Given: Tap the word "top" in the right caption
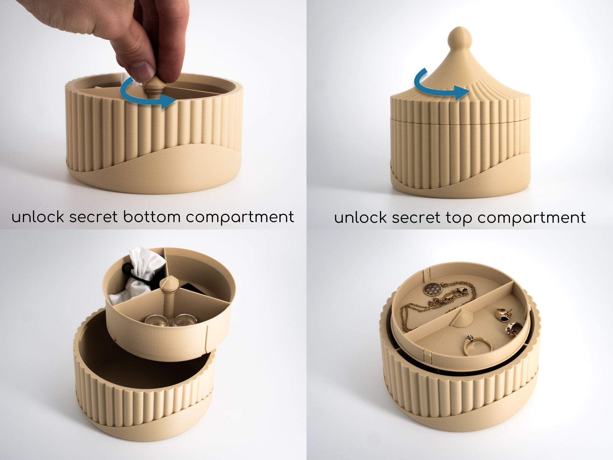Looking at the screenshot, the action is point(458,218).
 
